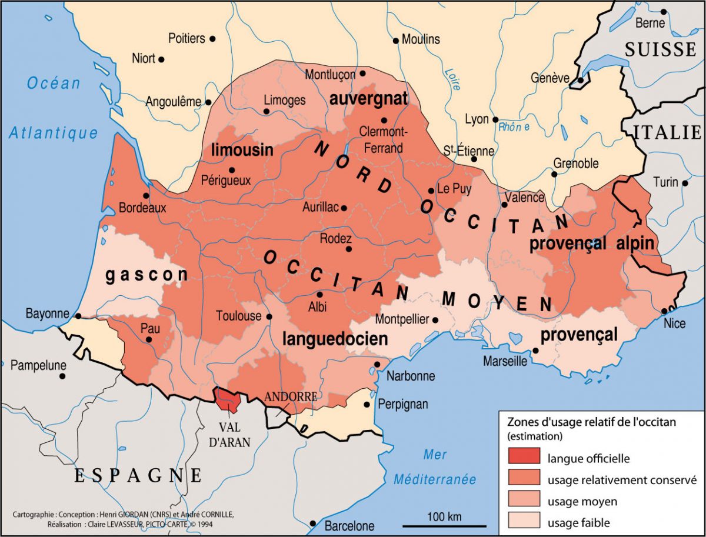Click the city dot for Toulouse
(x=269, y=316)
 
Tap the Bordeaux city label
(x=142, y=208)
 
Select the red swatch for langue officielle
(x=522, y=457)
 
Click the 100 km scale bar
(x=444, y=525)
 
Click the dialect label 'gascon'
(x=146, y=275)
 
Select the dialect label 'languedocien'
(x=335, y=339)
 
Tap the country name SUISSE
(x=661, y=49)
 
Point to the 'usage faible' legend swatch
(x=522, y=522)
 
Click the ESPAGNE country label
(x=138, y=475)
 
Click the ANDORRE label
(x=291, y=396)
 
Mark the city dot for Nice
(x=664, y=311)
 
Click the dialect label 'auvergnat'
(x=368, y=98)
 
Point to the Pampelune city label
(x=38, y=365)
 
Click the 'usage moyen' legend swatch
(x=522, y=501)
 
